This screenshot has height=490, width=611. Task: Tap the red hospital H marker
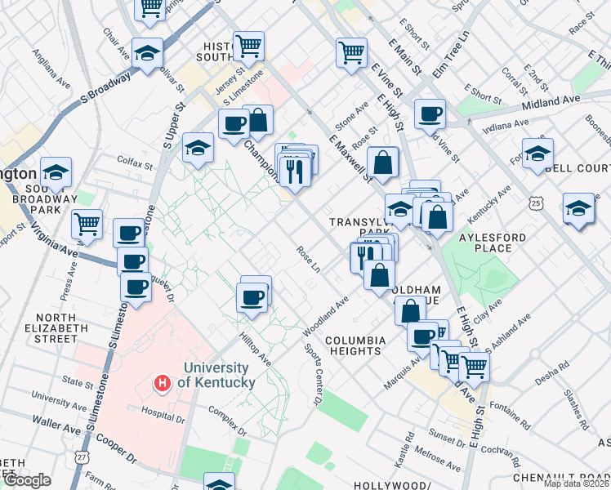(163, 382)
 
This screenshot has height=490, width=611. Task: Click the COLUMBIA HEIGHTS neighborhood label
(354, 345)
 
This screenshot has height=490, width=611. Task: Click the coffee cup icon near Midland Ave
(429, 114)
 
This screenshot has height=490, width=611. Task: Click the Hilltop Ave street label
(254, 347)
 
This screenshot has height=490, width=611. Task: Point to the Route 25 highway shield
(536, 201)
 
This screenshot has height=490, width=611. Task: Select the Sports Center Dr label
(313, 375)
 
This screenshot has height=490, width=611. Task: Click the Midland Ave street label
(558, 99)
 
